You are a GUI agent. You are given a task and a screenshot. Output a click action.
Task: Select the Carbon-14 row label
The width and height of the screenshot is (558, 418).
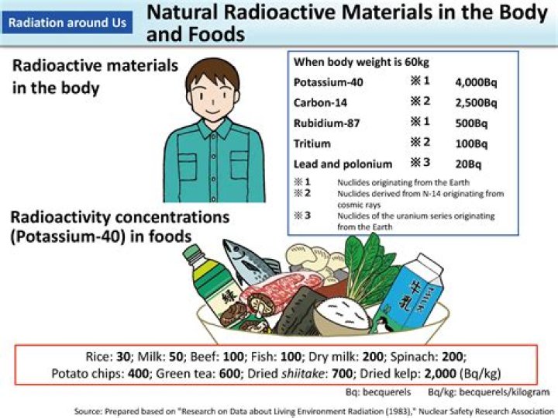pyautogui.click(x=319, y=102)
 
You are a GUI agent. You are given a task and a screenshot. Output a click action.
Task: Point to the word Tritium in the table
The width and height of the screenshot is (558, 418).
pyautogui.click(x=312, y=143)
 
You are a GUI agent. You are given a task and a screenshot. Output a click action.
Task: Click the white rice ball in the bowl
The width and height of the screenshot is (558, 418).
pyautogui.click(x=340, y=314)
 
